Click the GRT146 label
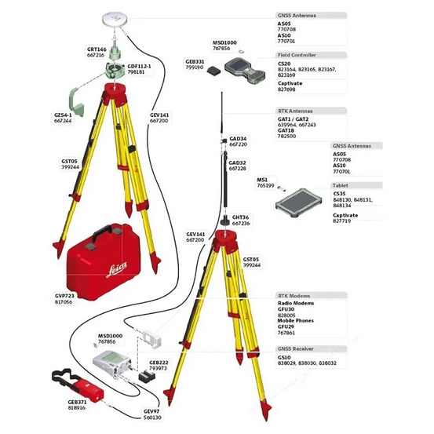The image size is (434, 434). [96, 49]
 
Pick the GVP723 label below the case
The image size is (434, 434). [64, 295]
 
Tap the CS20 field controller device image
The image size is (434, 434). [243, 71]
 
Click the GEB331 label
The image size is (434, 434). [195, 61]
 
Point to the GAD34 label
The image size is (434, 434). [238, 138]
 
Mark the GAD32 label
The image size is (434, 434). [238, 162]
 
